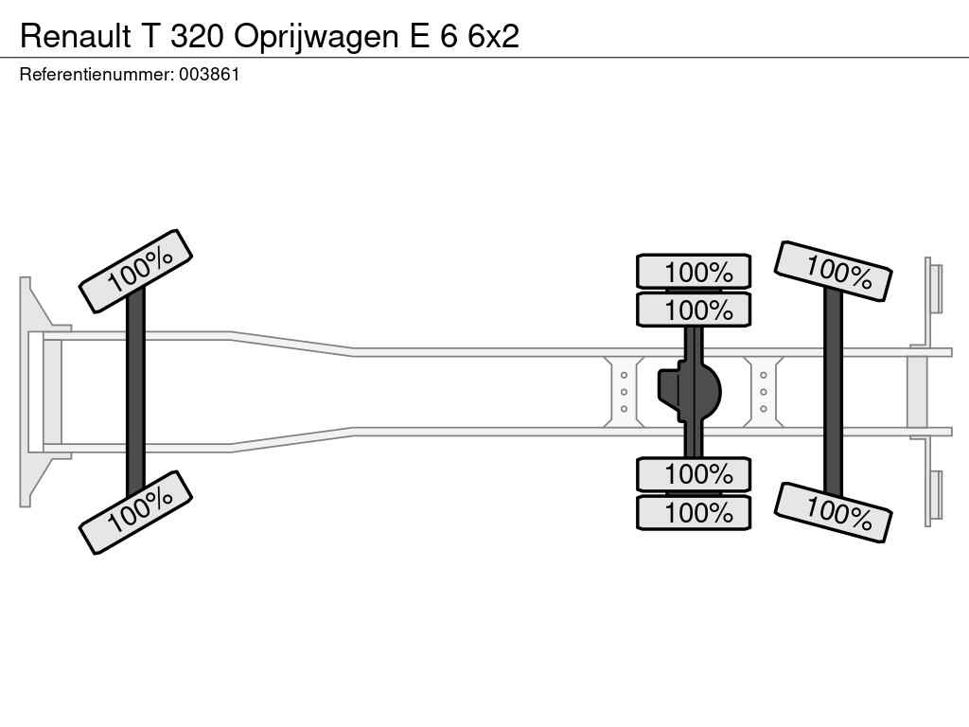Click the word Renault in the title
click(76, 36)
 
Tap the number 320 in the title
click(197, 36)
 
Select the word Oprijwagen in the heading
click(316, 37)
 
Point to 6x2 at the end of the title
click(493, 36)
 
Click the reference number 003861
click(209, 75)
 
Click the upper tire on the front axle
click(136, 271)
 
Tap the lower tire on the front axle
click(136, 512)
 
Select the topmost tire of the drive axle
click(694, 271)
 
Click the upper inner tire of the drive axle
click(694, 310)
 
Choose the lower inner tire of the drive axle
click(694, 474)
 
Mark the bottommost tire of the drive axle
click(694, 512)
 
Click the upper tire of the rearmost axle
click(833, 272)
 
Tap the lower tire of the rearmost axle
click(833, 512)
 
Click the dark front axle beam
click(135, 392)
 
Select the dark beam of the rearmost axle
click(833, 392)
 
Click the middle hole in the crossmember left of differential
click(624, 392)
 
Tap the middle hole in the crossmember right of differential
click(764, 392)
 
